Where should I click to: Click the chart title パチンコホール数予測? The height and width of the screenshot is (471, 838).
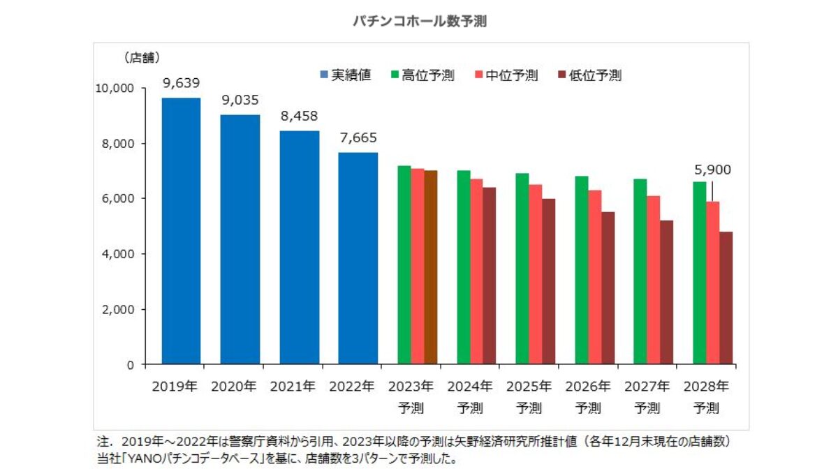tap(419, 22)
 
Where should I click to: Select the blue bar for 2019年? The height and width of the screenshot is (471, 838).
tap(181, 230)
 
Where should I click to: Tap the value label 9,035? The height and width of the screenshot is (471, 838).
tap(240, 100)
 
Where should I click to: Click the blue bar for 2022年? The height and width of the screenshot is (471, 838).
tap(358, 258)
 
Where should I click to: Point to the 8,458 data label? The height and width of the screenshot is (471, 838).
tap(299, 117)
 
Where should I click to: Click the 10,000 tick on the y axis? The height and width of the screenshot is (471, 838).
tap(113, 89)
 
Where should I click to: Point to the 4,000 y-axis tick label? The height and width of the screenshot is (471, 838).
tap(116, 254)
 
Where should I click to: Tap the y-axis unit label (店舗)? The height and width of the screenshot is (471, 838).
tap(142, 58)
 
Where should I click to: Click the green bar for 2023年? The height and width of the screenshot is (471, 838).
tap(404, 265)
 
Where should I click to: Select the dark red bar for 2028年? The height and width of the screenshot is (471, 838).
tap(726, 298)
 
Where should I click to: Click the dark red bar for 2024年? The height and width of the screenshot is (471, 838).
tap(489, 276)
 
